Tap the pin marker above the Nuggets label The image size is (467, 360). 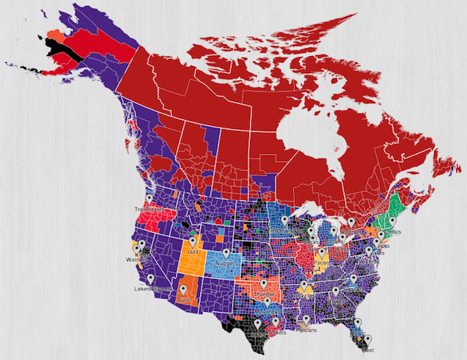[226, 253]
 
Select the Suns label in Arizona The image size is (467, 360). [184, 299]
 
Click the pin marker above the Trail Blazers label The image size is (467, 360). [149, 199]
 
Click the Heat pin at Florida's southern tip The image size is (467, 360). [368, 339]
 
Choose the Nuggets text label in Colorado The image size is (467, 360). [226, 264]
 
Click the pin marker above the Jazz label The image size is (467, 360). [192, 242]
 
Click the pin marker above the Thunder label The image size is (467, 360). [265, 285]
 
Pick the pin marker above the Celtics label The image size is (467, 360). [392, 222]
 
